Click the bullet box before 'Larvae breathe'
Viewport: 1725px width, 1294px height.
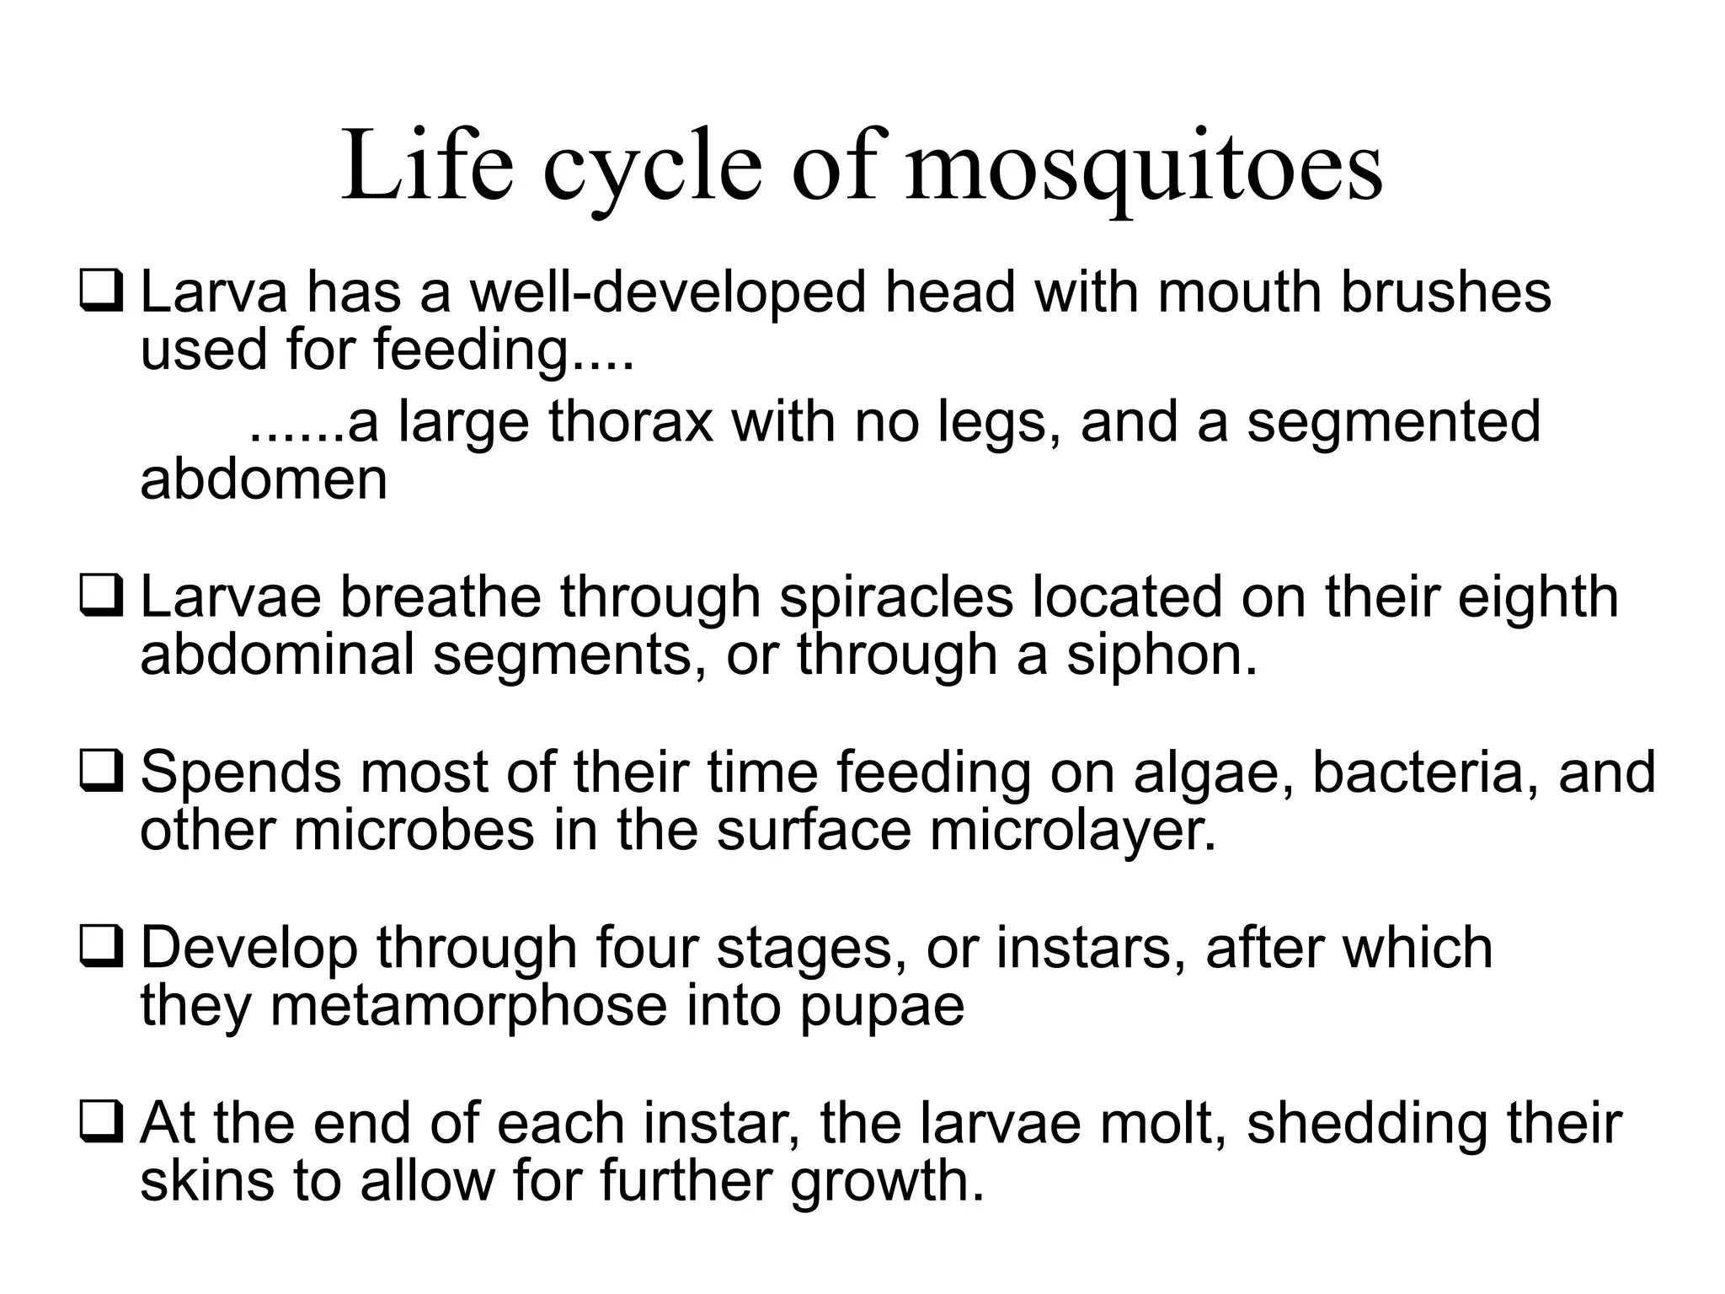click(x=101, y=596)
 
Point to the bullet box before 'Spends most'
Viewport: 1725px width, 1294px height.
click(x=101, y=772)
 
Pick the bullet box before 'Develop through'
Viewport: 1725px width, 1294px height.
click(x=101, y=947)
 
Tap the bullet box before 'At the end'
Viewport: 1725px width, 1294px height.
click(x=101, y=1122)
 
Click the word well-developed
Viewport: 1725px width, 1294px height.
click(x=668, y=292)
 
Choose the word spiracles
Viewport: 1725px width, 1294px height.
click(x=896, y=598)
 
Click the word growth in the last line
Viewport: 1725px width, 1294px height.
click(x=886, y=1181)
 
